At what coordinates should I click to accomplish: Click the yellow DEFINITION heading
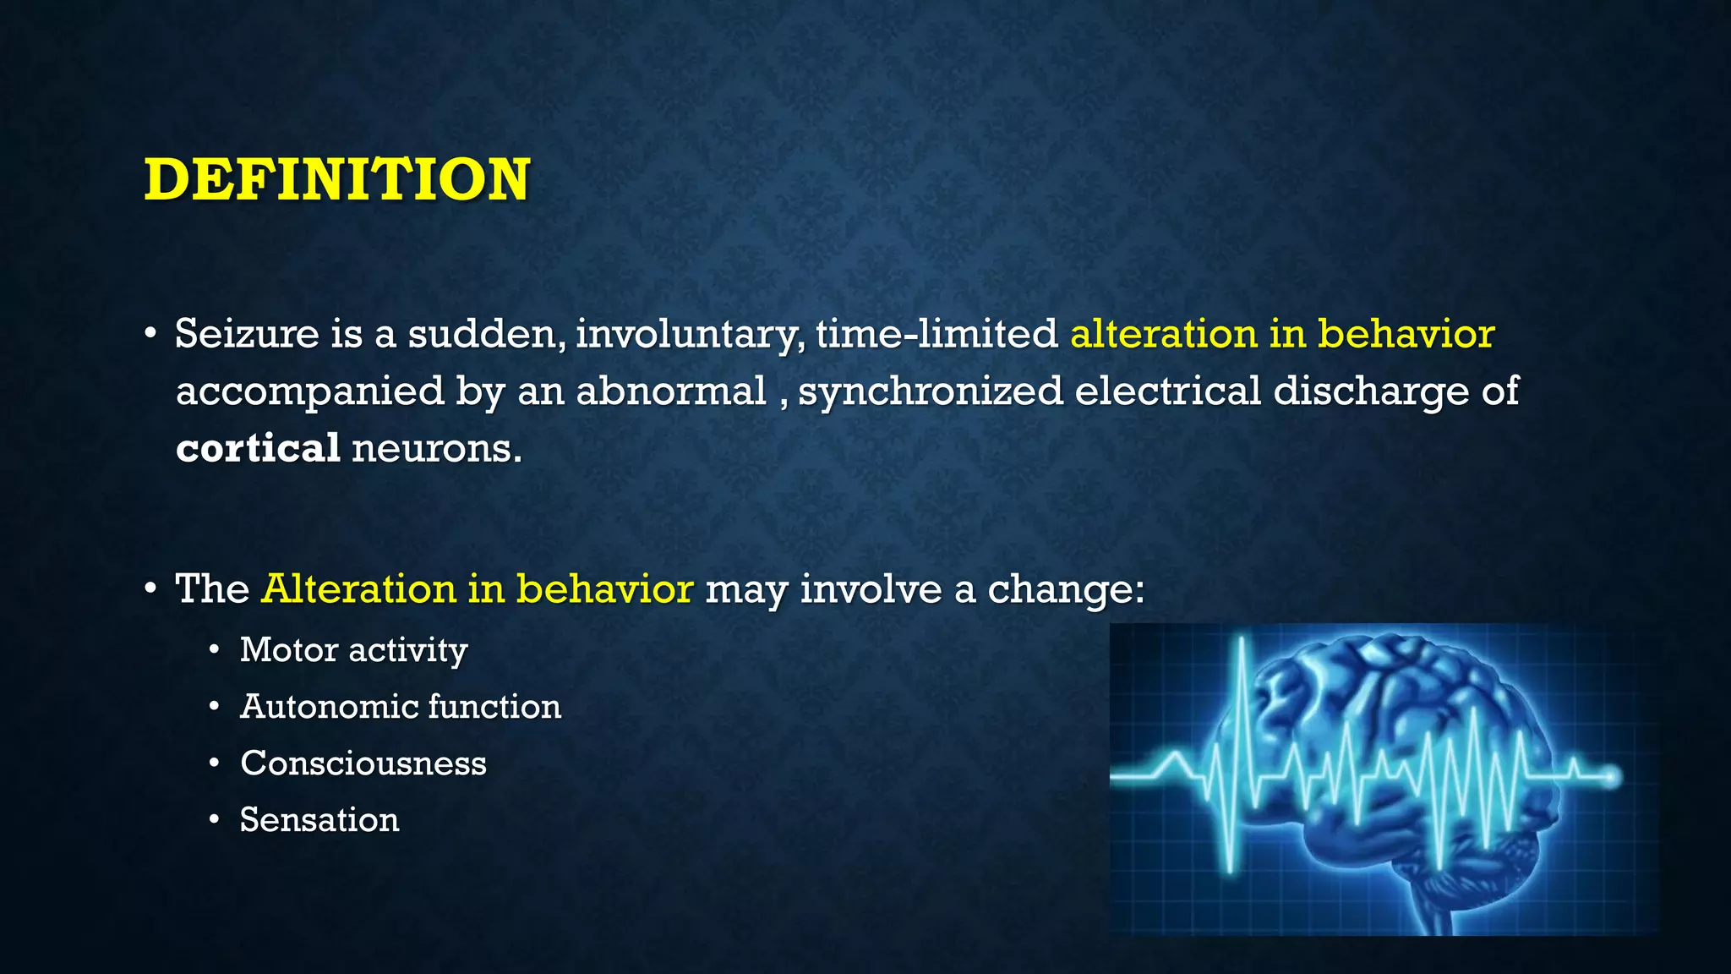(x=336, y=180)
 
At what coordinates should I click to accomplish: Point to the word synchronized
(x=931, y=391)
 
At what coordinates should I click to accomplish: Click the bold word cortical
(x=258, y=448)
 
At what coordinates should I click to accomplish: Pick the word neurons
(x=436, y=448)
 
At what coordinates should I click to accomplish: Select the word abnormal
(x=671, y=391)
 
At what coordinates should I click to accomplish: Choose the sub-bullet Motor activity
(x=353, y=650)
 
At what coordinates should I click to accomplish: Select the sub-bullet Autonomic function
(x=400, y=707)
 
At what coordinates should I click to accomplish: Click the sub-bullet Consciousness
(x=363, y=763)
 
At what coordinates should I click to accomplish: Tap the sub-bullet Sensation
(x=319, y=820)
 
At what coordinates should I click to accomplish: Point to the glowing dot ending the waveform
(x=1612, y=776)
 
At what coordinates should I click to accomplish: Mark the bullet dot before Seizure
(x=150, y=334)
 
